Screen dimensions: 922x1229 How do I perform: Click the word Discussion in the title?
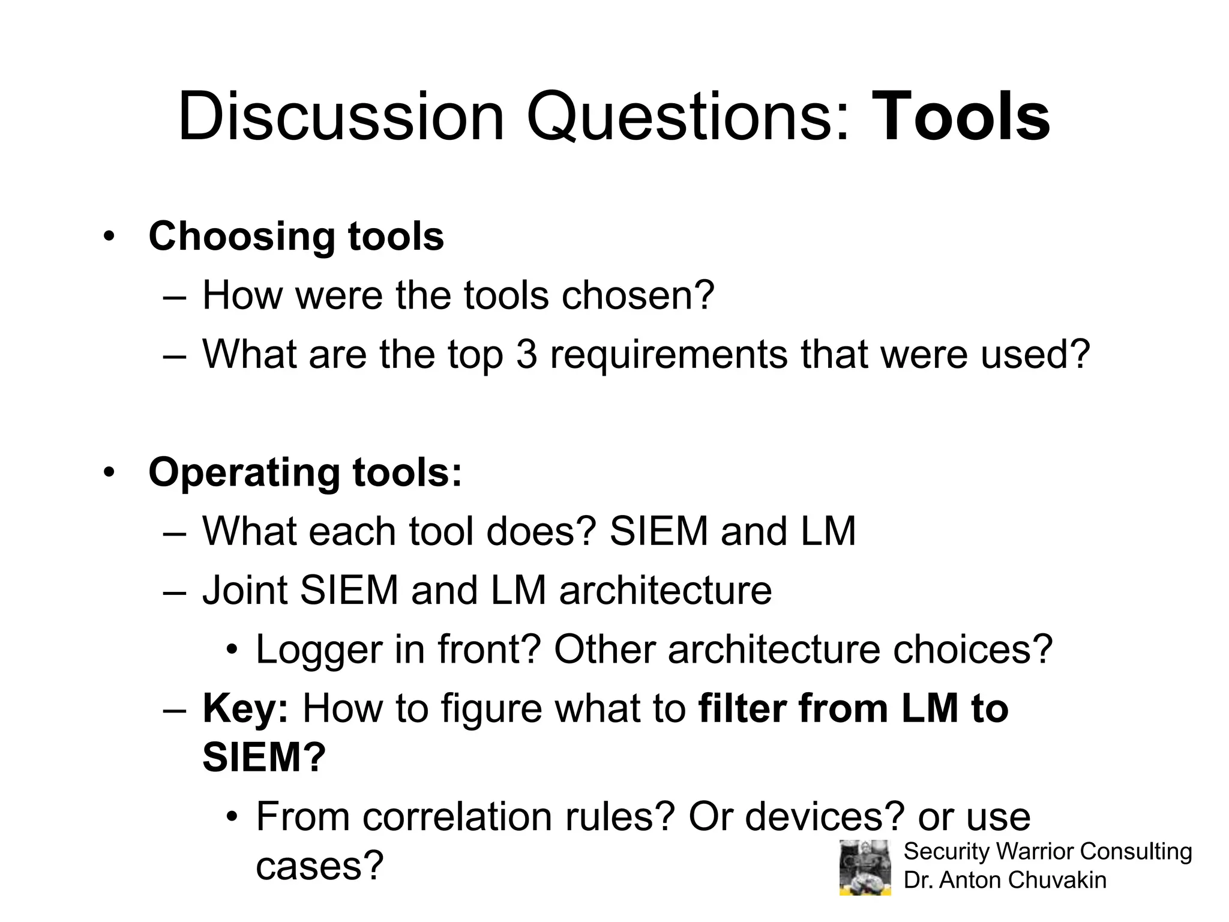341,117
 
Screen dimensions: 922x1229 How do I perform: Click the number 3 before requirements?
526,354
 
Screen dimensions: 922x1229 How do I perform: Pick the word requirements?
669,355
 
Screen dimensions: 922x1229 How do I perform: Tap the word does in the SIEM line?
541,532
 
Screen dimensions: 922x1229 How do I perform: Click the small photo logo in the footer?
865,867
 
